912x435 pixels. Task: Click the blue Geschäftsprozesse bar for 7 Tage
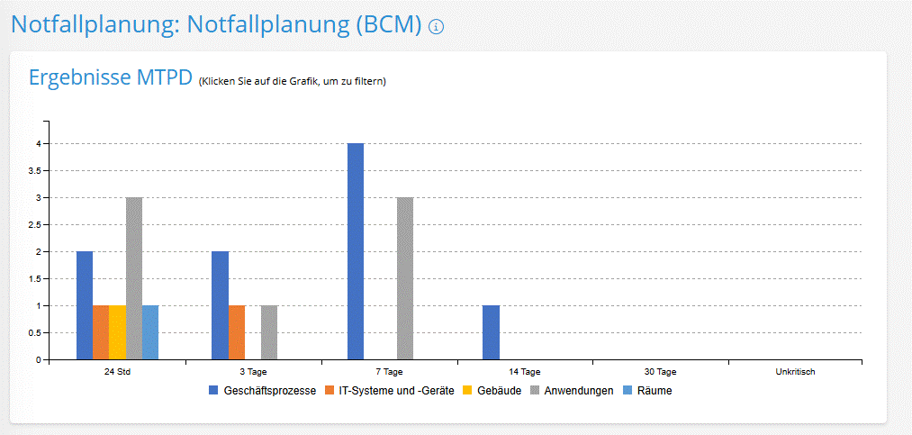(356, 251)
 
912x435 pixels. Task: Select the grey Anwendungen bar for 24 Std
(134, 278)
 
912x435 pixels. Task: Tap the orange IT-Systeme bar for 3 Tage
(236, 332)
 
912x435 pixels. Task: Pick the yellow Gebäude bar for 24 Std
(117, 332)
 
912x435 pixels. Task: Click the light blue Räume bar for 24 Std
(150, 332)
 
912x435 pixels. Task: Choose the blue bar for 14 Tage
(491, 332)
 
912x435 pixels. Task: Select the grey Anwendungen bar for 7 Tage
(405, 278)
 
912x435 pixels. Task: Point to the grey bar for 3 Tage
(269, 332)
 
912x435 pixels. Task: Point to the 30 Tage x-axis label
(660, 371)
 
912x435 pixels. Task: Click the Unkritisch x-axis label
(795, 371)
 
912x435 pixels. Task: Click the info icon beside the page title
(437, 27)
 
